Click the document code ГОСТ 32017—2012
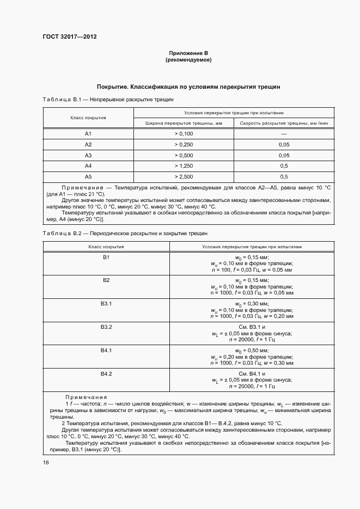pos(65,36)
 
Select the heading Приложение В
pos(188,53)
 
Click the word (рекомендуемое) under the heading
pos(188,60)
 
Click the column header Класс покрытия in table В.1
pos(88,118)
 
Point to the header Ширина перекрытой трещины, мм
pos(184,123)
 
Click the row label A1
pos(88,133)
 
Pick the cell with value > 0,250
pos(184,144)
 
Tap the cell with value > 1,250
pos(184,165)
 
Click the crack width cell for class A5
pos(184,176)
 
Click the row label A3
pos(88,155)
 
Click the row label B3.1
pos(106,303)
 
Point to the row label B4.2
pos(106,374)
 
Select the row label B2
pos(106,280)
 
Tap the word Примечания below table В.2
pos(86,397)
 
